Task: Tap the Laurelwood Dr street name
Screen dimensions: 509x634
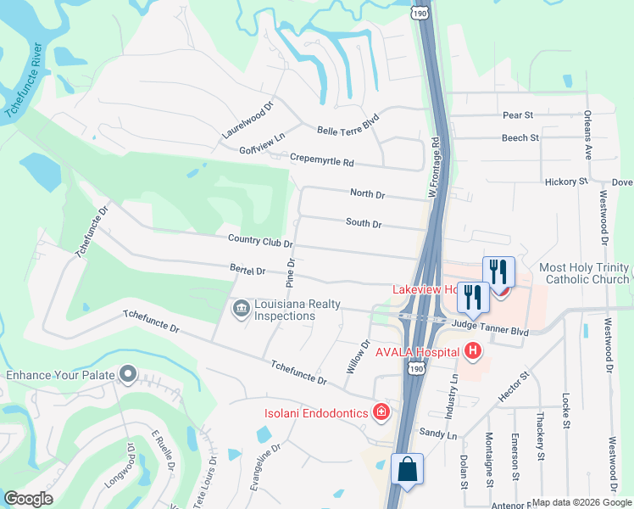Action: [x=248, y=121]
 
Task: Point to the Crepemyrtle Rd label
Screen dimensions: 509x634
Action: [x=321, y=159]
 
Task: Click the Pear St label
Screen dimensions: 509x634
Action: [x=517, y=115]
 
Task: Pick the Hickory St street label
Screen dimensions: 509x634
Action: [x=566, y=182]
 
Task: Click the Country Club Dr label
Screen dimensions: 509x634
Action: [x=260, y=242]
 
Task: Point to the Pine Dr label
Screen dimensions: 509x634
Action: [x=291, y=270]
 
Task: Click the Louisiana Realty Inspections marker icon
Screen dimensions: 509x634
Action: [x=241, y=306]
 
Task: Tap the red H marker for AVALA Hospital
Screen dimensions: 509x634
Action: [x=473, y=350]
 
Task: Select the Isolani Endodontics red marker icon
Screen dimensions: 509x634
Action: [x=381, y=412]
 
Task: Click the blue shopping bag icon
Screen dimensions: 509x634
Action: [x=408, y=468]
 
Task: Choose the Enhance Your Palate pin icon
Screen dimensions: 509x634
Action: [x=129, y=374]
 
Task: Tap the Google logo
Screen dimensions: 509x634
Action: [x=29, y=499]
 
